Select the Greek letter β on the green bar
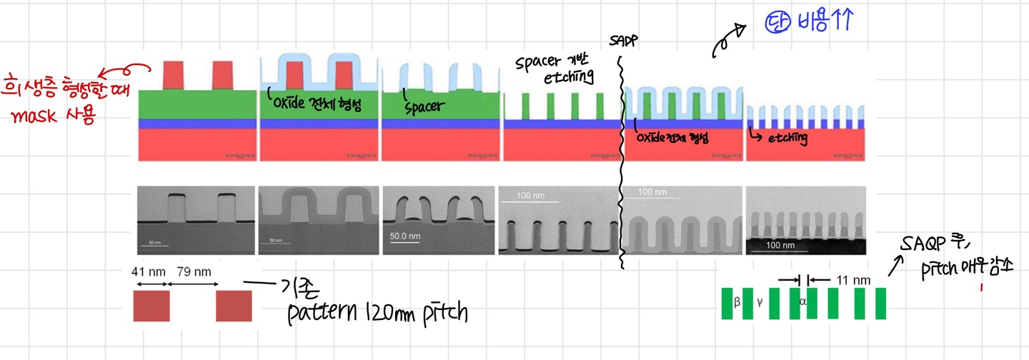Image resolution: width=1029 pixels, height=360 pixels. point(737,301)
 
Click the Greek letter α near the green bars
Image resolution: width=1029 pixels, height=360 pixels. point(802,301)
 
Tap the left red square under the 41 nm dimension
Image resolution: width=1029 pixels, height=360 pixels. point(151,305)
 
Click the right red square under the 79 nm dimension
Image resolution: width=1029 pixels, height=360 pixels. point(234,305)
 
